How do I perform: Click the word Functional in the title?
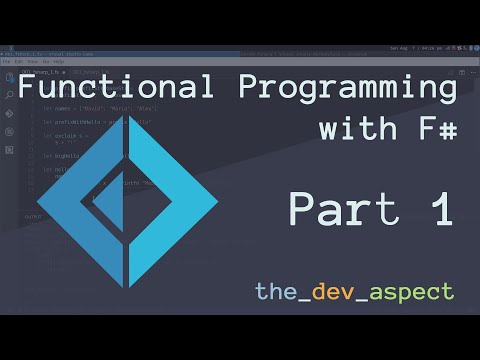click(101, 88)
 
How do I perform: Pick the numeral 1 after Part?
click(440, 209)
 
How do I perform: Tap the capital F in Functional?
click(29, 88)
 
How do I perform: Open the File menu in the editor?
click(8, 61)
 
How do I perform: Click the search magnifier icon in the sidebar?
click(8, 95)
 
